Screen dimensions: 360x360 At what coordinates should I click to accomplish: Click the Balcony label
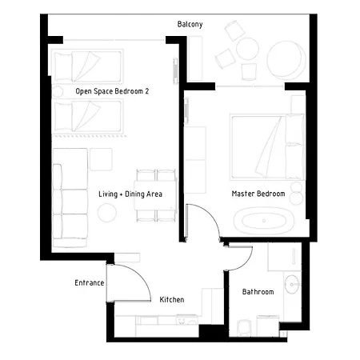(x=190, y=24)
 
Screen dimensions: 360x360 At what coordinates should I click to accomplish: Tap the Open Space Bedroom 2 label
(x=112, y=91)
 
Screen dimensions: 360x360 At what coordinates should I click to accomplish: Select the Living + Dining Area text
(x=130, y=194)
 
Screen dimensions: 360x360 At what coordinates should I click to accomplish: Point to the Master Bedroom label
(x=258, y=194)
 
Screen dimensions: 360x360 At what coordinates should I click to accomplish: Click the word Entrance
(x=90, y=282)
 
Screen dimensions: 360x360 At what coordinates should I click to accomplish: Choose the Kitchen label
(x=172, y=299)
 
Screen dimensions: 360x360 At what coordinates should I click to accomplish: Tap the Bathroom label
(x=258, y=292)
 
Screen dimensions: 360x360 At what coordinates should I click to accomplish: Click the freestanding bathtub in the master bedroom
(x=264, y=221)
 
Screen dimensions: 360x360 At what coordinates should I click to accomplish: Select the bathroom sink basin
(x=292, y=284)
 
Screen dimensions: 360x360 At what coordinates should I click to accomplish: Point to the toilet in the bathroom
(x=244, y=327)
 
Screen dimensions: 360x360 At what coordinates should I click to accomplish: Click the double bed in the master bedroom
(x=267, y=146)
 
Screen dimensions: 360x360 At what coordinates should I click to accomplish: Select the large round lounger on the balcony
(x=286, y=60)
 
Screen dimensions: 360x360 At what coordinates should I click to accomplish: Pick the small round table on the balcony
(x=247, y=49)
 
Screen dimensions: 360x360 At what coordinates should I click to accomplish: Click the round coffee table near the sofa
(x=107, y=213)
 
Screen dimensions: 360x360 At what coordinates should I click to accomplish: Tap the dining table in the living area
(x=155, y=195)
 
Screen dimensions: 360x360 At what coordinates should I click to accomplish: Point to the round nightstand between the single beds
(x=58, y=92)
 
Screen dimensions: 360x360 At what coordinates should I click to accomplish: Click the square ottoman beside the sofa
(x=101, y=159)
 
